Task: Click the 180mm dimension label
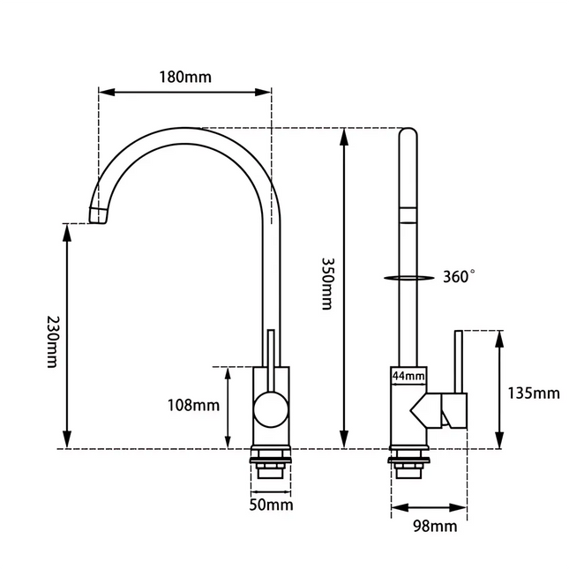[x=184, y=76]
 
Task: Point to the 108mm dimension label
[x=193, y=406]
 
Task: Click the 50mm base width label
[x=271, y=505]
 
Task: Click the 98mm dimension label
[x=435, y=527]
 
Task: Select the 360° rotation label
[x=458, y=277]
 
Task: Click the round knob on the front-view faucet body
[x=270, y=411]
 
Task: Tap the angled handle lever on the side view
[x=441, y=411]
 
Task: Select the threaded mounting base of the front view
[x=270, y=465]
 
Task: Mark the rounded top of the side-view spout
[x=408, y=135]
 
